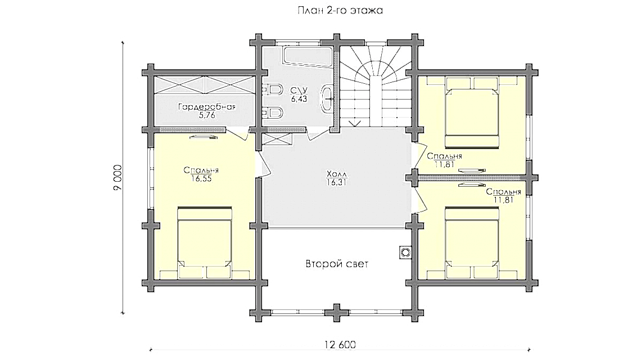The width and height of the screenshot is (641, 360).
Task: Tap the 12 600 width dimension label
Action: pyautogui.click(x=340, y=345)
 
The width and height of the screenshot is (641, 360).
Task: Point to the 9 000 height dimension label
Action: pyautogui.click(x=118, y=179)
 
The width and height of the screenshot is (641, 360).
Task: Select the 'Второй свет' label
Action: pyautogui.click(x=337, y=264)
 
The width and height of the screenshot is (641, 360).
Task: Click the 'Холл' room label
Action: pyautogui.click(x=335, y=174)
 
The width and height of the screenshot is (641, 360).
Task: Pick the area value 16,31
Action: pyautogui.click(x=335, y=182)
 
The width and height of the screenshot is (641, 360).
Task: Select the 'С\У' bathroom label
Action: pyautogui.click(x=297, y=90)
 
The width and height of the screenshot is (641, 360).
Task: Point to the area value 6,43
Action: pyautogui.click(x=297, y=98)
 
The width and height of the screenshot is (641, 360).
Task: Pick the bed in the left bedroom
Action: pyautogui.click(x=205, y=239)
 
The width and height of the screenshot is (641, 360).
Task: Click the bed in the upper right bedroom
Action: pyautogui.click(x=472, y=114)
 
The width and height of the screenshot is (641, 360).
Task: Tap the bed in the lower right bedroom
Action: pyautogui.click(x=472, y=239)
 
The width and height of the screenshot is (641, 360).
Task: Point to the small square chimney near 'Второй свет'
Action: pyautogui.click(x=404, y=251)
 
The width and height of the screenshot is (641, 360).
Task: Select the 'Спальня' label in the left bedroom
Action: pyautogui.click(x=201, y=170)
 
